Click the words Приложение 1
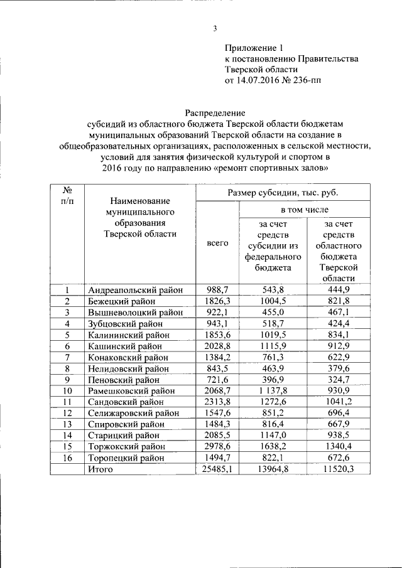254,48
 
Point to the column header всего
217,243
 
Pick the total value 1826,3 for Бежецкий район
218,301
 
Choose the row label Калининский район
129,335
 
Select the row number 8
67,368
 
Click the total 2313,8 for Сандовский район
218,402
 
